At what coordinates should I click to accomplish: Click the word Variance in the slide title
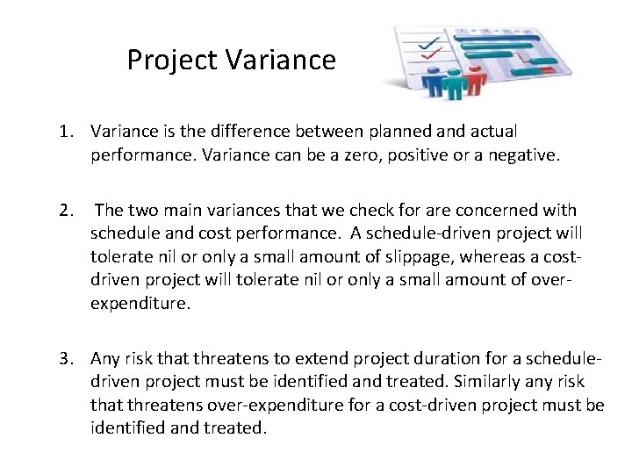(280, 61)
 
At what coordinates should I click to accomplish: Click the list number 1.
(66, 131)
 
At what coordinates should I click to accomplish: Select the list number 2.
(66, 210)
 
